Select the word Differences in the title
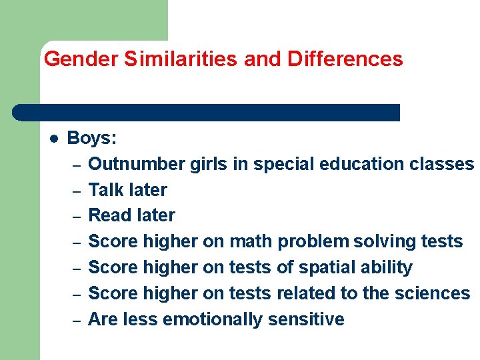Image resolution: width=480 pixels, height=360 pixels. [345, 59]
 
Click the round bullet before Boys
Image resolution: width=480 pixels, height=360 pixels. [54, 139]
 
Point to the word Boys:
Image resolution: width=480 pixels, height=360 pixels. [92, 138]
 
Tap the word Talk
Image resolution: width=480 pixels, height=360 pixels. [106, 190]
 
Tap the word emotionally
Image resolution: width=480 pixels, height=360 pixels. [213, 319]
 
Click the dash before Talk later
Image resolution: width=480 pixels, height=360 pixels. [77, 191]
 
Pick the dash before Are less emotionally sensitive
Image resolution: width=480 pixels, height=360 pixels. [77, 321]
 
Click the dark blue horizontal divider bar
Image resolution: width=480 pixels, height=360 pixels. [206, 112]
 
